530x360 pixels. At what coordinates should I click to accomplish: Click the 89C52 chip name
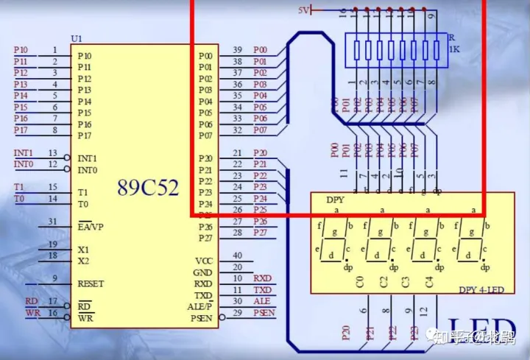148,187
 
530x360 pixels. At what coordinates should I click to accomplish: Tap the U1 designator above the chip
77,38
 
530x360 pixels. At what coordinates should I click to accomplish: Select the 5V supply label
303,10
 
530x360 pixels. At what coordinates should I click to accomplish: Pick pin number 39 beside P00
237,50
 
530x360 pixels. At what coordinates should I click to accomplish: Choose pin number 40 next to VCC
237,255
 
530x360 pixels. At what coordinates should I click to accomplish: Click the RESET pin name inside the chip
91,284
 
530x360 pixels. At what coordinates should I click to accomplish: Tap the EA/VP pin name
91,227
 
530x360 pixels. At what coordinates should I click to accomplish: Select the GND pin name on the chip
203,273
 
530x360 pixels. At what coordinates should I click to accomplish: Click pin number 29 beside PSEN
237,313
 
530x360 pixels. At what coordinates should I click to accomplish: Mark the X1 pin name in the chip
83,250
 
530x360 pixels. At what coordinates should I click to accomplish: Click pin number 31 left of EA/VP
52,222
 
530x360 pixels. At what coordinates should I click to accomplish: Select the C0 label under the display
360,280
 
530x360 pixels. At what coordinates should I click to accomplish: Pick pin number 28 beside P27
237,233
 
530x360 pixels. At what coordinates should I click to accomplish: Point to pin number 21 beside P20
237,153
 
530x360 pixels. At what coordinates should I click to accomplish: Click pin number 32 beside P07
237,130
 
